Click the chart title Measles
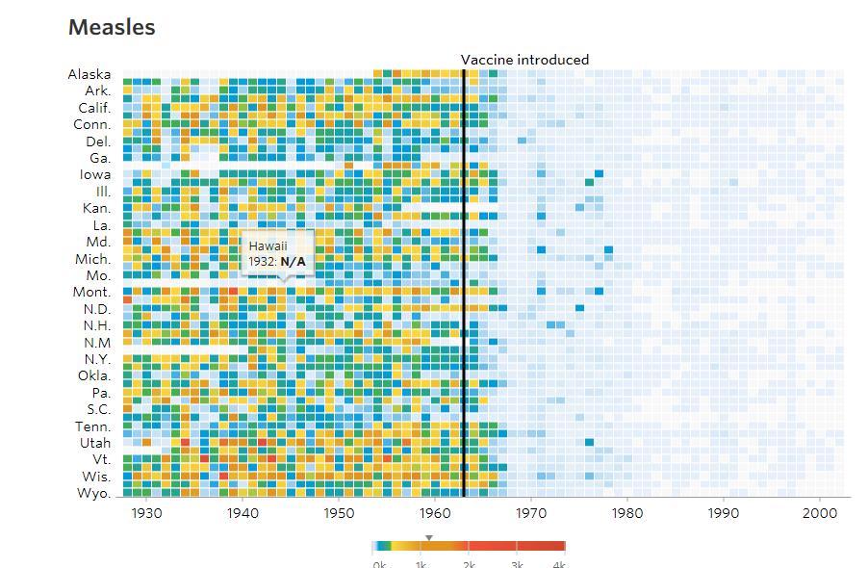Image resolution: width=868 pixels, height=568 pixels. point(112,28)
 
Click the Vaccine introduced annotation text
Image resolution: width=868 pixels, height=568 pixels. point(524,60)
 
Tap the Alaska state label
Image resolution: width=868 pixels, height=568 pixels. point(89,74)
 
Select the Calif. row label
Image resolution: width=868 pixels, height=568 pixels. point(94,108)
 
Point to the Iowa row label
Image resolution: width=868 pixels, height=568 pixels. point(95,174)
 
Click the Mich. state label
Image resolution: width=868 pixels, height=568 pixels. point(93,259)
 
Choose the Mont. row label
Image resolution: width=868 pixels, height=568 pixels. point(92,292)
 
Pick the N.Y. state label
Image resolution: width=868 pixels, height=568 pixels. point(95,359)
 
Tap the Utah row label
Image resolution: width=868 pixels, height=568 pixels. point(95,443)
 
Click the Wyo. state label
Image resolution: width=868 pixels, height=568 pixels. point(93,493)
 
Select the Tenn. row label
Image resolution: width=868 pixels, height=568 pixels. point(93,426)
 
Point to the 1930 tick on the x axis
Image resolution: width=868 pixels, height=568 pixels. point(146,514)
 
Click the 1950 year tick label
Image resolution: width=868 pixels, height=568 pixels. point(339,514)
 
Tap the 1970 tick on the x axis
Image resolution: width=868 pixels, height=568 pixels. point(531,514)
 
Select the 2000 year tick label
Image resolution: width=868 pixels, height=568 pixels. point(820,514)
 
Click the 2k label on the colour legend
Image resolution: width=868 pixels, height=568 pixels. point(469,563)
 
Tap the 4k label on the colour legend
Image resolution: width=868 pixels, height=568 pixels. point(558,563)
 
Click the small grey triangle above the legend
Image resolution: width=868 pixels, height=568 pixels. point(429,537)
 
